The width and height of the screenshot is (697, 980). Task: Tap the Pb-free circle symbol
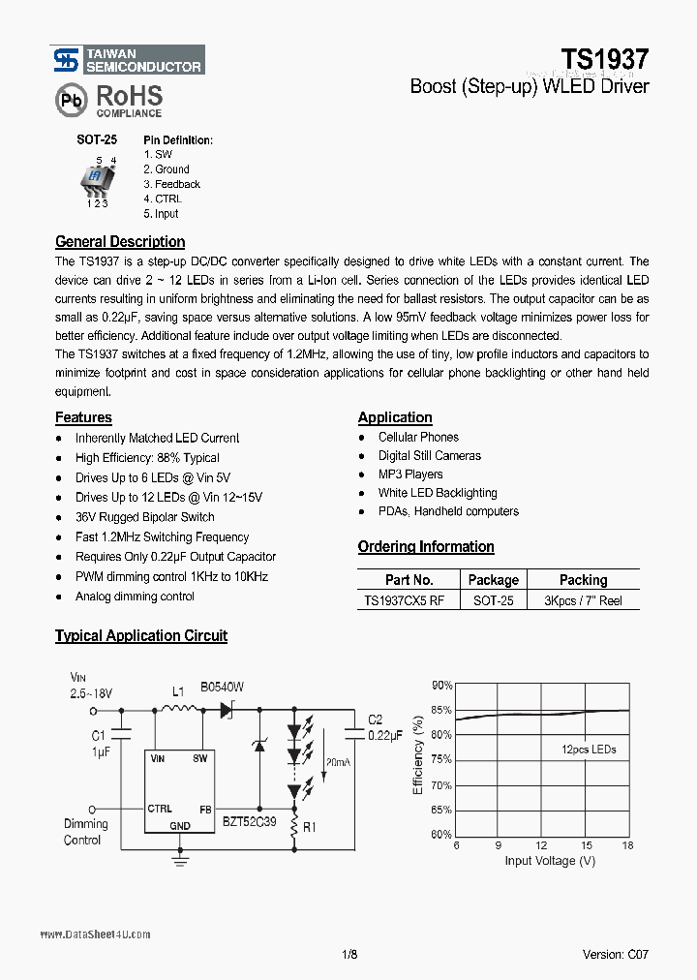[70, 100]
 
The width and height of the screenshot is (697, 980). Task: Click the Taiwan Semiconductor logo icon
[65, 61]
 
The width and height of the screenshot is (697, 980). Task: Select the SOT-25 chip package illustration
[99, 177]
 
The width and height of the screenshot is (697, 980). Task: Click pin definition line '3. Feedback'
[171, 184]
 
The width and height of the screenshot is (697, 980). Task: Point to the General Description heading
[120, 242]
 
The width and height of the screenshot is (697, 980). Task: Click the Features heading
[83, 417]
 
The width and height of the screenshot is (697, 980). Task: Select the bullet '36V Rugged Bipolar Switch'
[144, 517]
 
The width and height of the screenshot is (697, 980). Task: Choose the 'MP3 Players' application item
[410, 475]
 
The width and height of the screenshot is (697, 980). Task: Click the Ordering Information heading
[426, 547]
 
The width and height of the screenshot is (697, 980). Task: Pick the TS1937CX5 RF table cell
[405, 600]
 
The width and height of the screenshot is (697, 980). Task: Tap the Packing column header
[583, 580]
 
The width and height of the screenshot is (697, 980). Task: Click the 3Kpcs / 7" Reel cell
[583, 600]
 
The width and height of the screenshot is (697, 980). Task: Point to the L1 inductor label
[178, 692]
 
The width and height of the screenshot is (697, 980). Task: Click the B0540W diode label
[223, 687]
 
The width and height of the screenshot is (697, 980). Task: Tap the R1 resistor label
[310, 829]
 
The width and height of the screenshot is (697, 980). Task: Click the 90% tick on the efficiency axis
[441, 686]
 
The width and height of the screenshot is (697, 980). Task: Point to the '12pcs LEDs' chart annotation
[589, 750]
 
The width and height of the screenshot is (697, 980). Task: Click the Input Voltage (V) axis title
[550, 861]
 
